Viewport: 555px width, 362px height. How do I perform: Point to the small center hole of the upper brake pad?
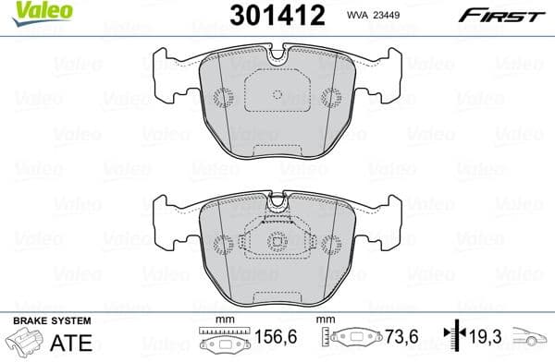278,94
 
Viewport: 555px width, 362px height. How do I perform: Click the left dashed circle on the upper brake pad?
221,96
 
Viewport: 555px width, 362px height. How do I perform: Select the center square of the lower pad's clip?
278,244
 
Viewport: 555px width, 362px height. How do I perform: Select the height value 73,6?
401,340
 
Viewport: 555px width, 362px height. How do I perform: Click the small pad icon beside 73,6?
351,341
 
